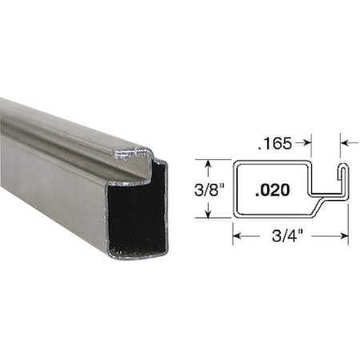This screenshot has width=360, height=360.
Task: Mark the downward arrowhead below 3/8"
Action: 208,214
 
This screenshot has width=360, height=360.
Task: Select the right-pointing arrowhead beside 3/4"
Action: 345,237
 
